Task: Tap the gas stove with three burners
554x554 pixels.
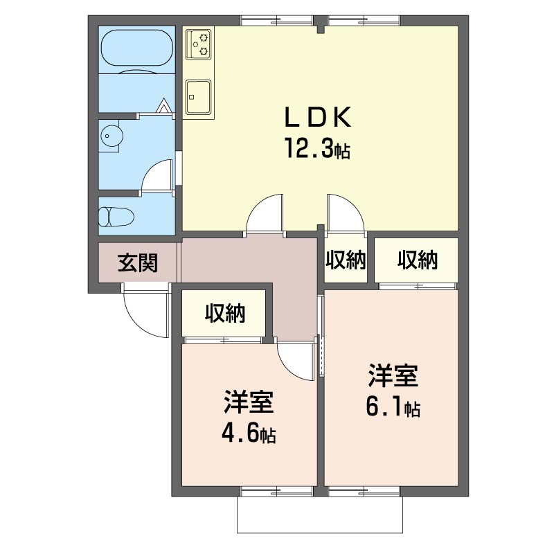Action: (x=198, y=44)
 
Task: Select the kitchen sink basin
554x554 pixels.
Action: (x=198, y=97)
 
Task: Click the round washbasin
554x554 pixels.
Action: (x=111, y=135)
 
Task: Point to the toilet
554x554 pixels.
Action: (x=116, y=216)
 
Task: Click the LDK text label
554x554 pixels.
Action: (x=319, y=116)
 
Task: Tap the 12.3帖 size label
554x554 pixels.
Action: (x=318, y=148)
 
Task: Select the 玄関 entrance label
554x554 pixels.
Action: (x=137, y=263)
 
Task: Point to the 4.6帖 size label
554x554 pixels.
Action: (x=249, y=434)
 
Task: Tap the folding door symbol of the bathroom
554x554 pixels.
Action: (x=163, y=106)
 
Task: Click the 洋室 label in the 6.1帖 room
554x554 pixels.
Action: (x=393, y=375)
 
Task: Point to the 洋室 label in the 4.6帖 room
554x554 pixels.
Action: (x=249, y=402)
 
